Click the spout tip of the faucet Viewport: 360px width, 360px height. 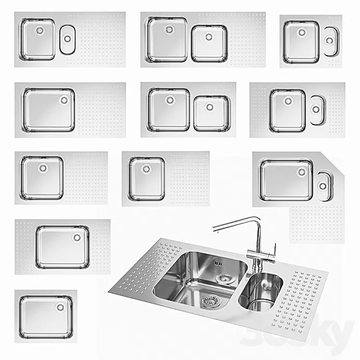(x=214, y=231)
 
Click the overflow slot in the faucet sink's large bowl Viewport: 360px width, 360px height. (x=217, y=264)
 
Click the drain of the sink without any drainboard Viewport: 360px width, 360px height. (x=60, y=307)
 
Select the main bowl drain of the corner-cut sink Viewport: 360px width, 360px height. (x=302, y=172)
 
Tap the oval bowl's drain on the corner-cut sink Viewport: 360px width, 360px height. (x=322, y=185)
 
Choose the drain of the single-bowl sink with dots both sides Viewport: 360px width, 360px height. (x=77, y=237)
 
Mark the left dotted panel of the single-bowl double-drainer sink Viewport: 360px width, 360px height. (x=25, y=246)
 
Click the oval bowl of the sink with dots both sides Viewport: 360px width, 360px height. (x=316, y=110)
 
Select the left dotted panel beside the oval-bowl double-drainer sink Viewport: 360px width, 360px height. (x=259, y=110)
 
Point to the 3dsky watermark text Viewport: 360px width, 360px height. (x=318, y=333)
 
